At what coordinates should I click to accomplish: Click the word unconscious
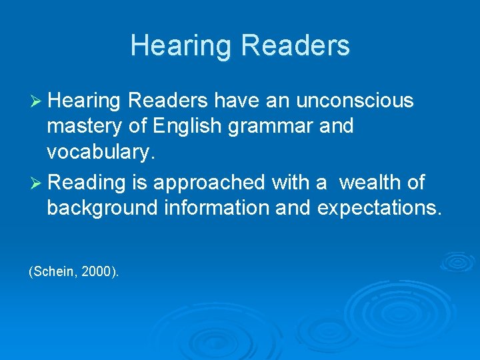coord(355,101)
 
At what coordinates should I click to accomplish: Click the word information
coord(213,207)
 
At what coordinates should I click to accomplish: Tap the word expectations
coord(379,207)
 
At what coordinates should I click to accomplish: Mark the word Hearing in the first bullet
coord(84,101)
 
